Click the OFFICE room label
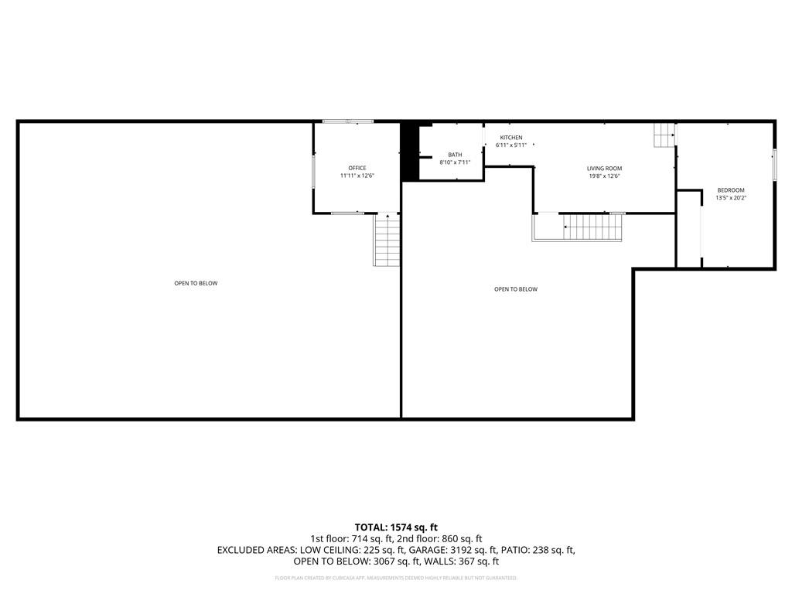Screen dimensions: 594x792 coord(357,168)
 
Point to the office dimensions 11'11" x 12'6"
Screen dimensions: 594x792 coord(357,176)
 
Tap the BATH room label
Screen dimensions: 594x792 coord(455,155)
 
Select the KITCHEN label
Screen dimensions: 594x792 coord(510,138)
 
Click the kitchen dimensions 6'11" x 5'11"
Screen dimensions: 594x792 coord(510,145)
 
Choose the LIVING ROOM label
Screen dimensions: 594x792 coord(604,168)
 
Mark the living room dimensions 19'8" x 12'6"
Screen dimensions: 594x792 coord(604,176)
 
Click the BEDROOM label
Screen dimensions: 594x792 coord(730,190)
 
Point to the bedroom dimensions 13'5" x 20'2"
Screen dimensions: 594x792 coord(730,198)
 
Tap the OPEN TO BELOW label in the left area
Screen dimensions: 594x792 coord(196,283)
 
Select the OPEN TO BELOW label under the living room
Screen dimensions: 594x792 coord(515,289)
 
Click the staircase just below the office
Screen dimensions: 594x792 coord(387,240)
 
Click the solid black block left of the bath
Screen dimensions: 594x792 coord(409,152)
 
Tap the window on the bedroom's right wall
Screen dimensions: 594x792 coord(773,164)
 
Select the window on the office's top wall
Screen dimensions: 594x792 coord(348,121)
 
